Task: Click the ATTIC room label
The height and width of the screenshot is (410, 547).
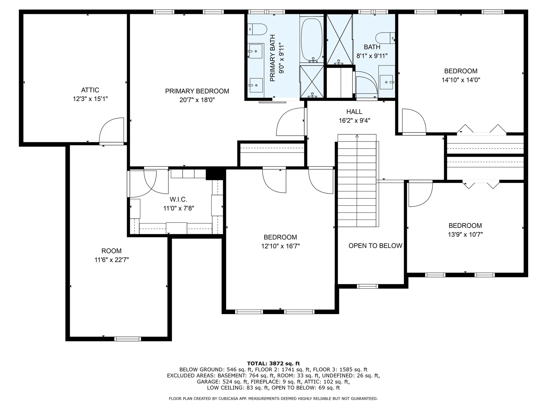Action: tap(90, 90)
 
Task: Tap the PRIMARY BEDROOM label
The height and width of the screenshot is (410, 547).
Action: tap(197, 91)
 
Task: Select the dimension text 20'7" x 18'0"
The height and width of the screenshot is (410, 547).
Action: tap(197, 100)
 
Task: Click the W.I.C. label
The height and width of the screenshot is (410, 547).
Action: tap(178, 199)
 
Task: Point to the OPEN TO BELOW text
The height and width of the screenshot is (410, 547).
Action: tap(375, 246)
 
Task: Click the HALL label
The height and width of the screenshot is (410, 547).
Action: tap(354, 112)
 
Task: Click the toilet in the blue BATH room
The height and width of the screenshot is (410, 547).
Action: tap(385, 38)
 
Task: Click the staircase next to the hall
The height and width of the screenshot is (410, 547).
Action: tap(357, 181)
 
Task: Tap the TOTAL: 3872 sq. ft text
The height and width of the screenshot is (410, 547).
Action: tap(273, 364)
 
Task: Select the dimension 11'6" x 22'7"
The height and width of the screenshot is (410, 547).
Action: tap(112, 260)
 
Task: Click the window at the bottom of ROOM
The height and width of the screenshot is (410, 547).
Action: tap(128, 339)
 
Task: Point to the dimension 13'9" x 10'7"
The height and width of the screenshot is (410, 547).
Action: tap(465, 235)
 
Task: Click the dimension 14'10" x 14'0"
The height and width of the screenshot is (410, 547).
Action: tap(461, 80)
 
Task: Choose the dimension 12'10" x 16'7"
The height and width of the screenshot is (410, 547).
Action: tap(281, 246)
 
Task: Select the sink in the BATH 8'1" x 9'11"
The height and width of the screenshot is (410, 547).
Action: tap(386, 82)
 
